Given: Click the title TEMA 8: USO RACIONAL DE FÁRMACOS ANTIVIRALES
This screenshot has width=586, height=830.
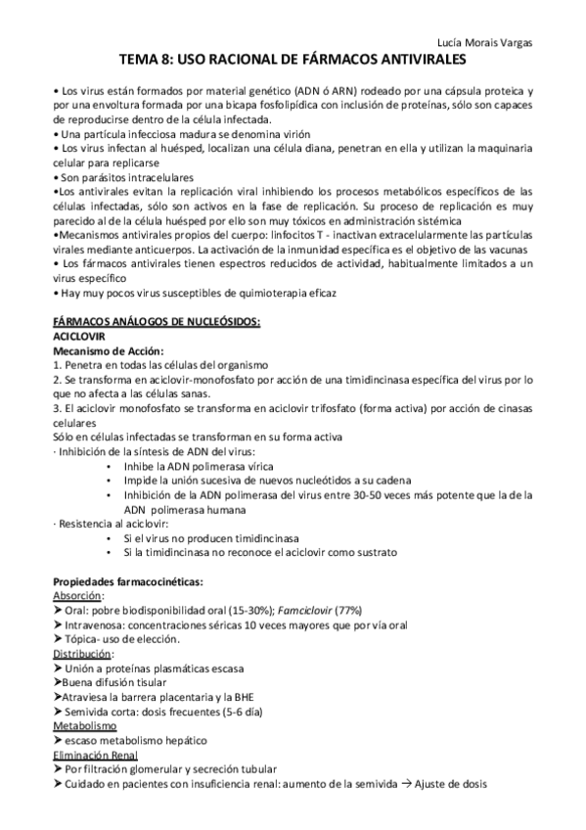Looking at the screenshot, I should coord(293,59).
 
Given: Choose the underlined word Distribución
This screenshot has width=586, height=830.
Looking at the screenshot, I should coord(83,653).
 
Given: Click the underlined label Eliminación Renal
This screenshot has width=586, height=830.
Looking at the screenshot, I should coord(94,756).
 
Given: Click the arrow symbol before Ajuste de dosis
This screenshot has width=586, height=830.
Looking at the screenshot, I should coord(402,784).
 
